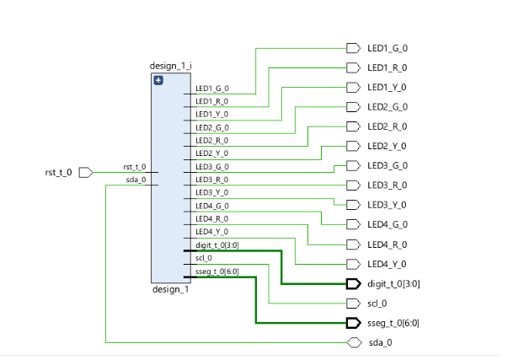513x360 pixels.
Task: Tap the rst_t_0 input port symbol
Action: point(85,172)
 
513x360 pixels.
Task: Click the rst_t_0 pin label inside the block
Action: point(135,167)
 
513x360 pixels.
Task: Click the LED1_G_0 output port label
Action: point(387,48)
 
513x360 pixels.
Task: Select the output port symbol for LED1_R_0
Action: point(353,67)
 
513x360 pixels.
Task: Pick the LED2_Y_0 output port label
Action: point(387,147)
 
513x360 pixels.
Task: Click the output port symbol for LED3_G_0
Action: point(353,166)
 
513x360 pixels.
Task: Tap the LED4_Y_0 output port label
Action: point(387,265)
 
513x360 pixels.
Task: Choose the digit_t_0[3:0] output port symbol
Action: point(353,284)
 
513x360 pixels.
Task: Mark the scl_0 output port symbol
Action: point(353,304)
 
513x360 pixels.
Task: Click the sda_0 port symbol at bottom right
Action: point(353,343)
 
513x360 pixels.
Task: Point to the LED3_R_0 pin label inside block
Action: point(211,180)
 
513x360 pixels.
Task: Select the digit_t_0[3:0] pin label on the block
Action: point(216,244)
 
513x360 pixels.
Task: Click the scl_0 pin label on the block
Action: point(204,258)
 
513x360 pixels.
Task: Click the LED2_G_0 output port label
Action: point(387,107)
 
